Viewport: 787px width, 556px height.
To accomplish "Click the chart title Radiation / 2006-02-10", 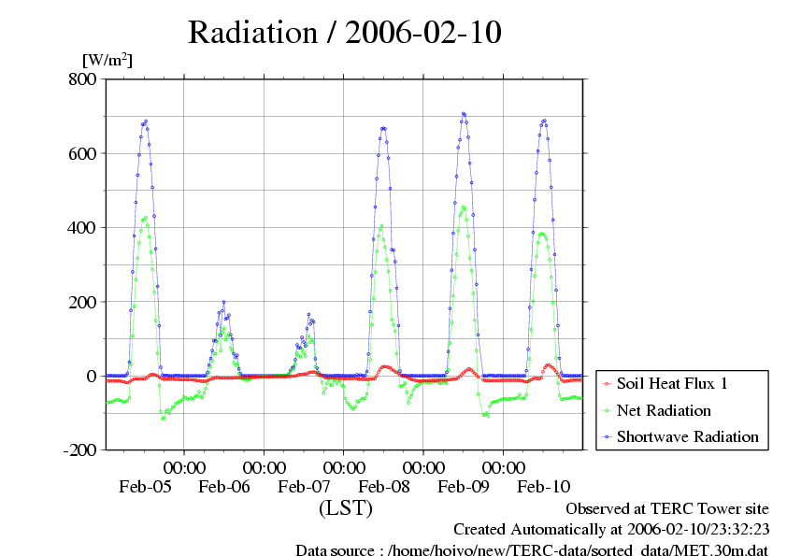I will [345, 32].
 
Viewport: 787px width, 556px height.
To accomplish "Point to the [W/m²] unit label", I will [107, 61].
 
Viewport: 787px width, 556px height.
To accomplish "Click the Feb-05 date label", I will [145, 487].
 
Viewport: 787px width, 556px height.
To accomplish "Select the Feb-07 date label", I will [305, 487].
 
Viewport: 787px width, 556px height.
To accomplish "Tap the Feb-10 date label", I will [544, 487].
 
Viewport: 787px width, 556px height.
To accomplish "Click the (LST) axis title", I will [346, 508].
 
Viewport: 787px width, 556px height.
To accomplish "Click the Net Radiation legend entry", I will [664, 410].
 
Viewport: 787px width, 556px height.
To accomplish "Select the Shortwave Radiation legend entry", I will [687, 436].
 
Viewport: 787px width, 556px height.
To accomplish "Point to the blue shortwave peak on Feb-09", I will [464, 114].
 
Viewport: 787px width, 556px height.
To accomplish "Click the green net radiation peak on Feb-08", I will [381, 225].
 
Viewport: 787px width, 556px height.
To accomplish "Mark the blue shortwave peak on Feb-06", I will [223, 302].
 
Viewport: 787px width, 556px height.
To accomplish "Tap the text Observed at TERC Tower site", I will [667, 508].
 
